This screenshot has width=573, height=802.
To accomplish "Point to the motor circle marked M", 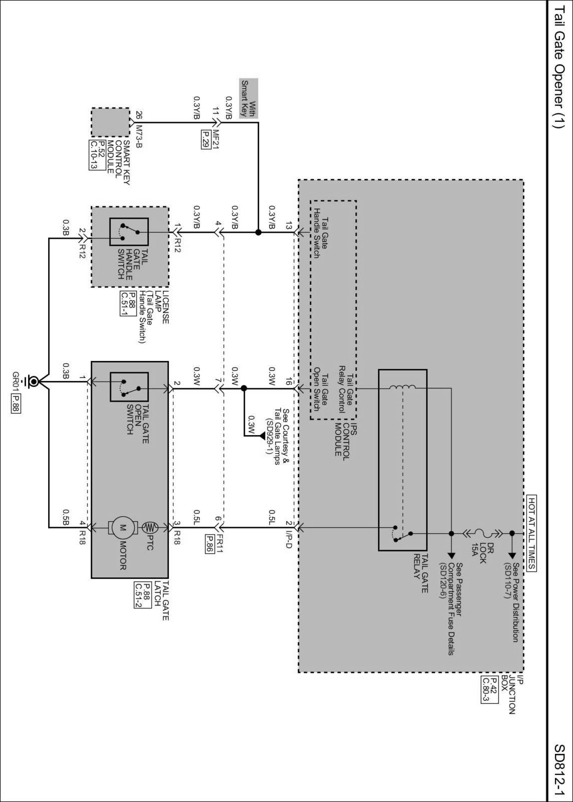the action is tap(123, 529).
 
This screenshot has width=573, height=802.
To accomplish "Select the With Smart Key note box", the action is tap(249, 98).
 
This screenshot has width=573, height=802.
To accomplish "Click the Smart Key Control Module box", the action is tap(110, 122).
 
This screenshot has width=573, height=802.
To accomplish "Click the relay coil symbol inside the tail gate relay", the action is tap(402, 387).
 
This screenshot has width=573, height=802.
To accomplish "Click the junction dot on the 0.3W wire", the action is tap(244, 388).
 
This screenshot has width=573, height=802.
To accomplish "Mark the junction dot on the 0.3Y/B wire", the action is tap(258, 232).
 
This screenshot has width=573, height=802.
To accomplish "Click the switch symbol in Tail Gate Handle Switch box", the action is tap(129, 232).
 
